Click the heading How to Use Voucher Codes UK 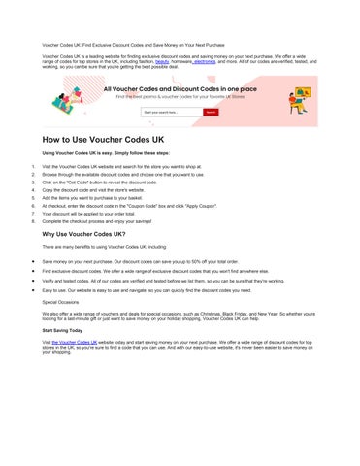[x=124, y=141]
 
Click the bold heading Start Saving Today [x=68, y=333]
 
